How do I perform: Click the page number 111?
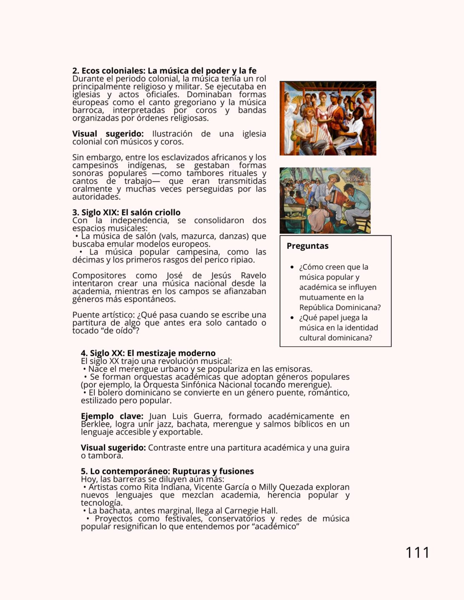click(417, 552)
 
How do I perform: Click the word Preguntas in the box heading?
click(308, 246)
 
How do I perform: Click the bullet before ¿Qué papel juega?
click(292, 318)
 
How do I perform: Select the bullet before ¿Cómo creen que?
click(292, 267)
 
